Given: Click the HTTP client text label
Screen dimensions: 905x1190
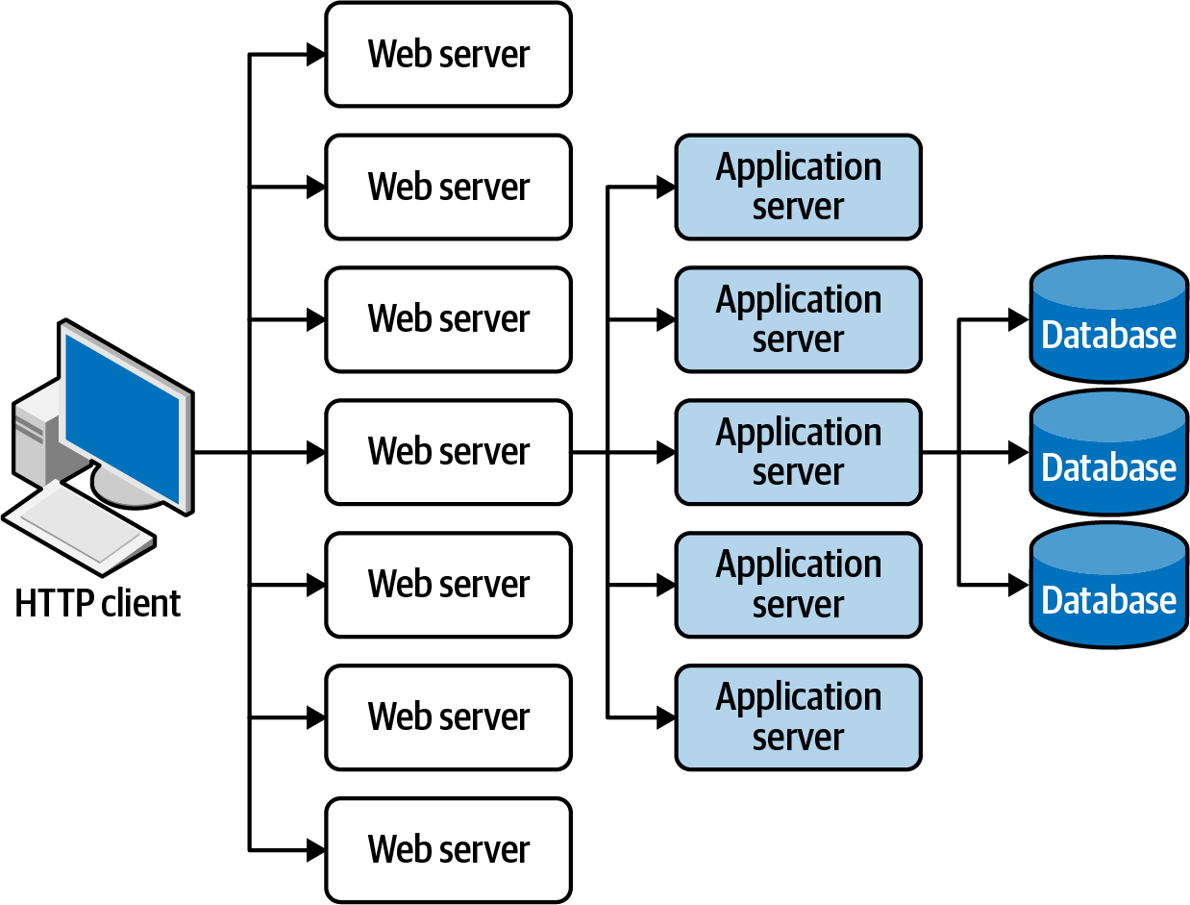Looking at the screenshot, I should [97, 604].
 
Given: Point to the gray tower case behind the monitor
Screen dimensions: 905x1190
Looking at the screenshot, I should [34, 433].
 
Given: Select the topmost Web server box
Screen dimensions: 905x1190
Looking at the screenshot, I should [448, 55].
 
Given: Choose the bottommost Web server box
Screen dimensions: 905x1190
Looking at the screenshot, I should [448, 849].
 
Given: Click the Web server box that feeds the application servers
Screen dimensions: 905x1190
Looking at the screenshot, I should [448, 452].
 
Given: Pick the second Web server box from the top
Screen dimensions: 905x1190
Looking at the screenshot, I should [448, 187].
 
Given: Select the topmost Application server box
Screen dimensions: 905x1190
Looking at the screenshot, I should [798, 187].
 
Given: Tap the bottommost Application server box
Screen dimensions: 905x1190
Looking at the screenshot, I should [798, 717].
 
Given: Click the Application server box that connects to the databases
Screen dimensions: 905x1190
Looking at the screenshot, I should [798, 452].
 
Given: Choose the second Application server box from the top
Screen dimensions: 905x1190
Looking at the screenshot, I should [798, 319].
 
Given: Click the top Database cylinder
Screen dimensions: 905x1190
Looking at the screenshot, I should [1108, 322].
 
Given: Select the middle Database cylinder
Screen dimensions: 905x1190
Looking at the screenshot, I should [1108, 454].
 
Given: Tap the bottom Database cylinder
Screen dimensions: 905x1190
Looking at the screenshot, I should [1108, 587].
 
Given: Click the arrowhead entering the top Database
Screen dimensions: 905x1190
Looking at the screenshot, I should [1018, 320].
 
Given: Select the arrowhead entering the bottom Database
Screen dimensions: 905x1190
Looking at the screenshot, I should [1018, 584].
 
